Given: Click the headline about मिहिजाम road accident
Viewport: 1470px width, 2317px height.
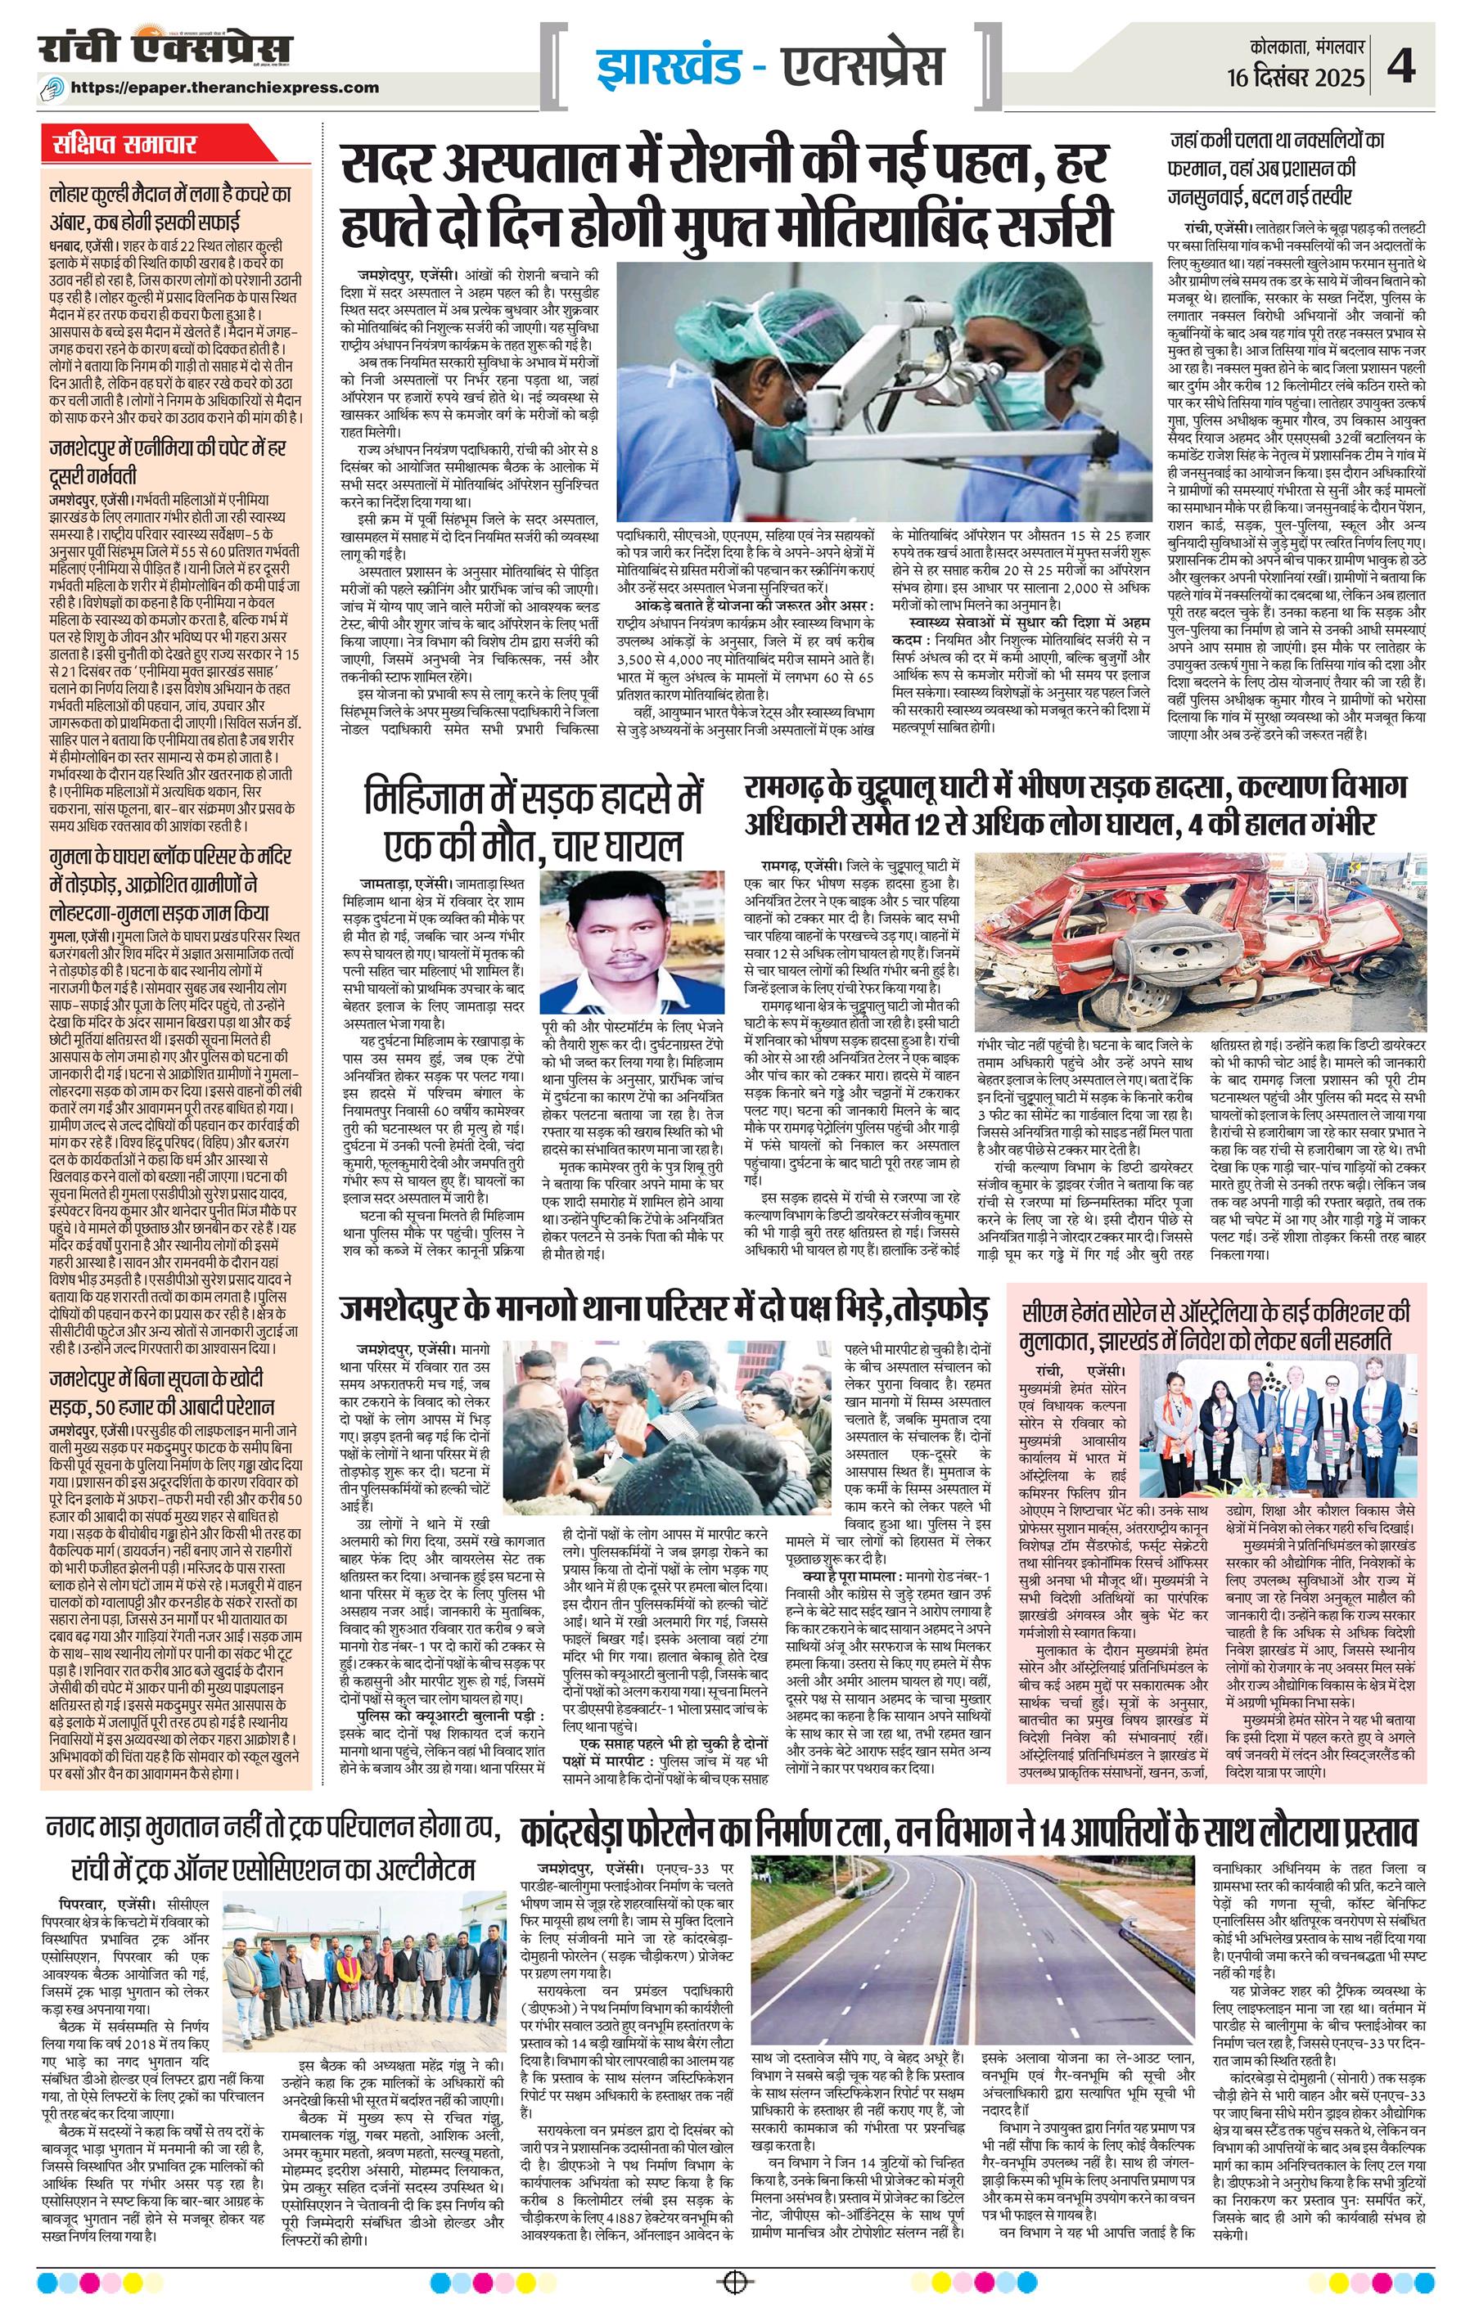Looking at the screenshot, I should (534, 824).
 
